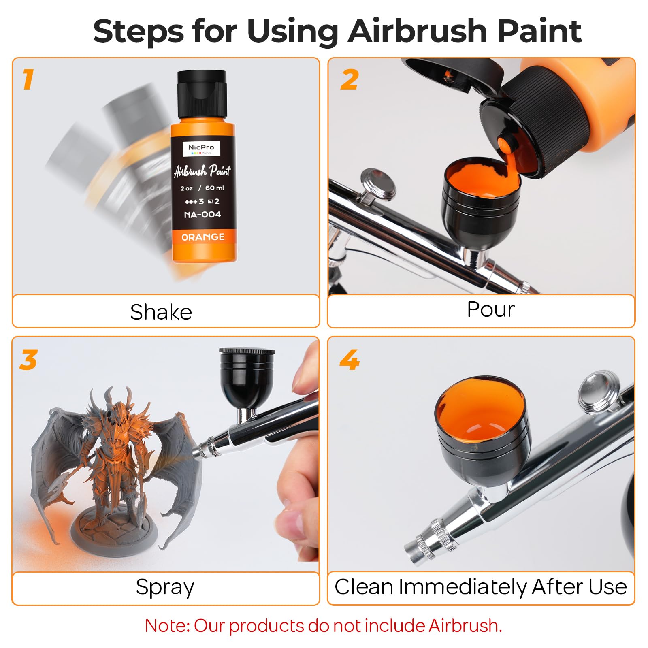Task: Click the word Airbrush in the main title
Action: (x=418, y=31)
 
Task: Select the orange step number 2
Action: (x=350, y=79)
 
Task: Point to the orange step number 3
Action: (x=28, y=360)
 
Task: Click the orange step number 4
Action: (x=350, y=360)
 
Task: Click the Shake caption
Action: (x=161, y=312)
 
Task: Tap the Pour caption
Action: (x=490, y=309)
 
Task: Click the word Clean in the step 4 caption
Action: (x=364, y=586)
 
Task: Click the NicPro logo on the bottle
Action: (x=201, y=149)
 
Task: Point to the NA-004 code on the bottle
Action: (x=202, y=215)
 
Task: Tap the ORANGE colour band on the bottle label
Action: (x=203, y=237)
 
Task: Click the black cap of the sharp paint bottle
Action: (x=202, y=94)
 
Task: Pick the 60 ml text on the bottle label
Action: (x=214, y=188)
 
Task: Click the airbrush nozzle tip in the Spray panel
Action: (x=197, y=452)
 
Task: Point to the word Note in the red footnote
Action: (x=166, y=625)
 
